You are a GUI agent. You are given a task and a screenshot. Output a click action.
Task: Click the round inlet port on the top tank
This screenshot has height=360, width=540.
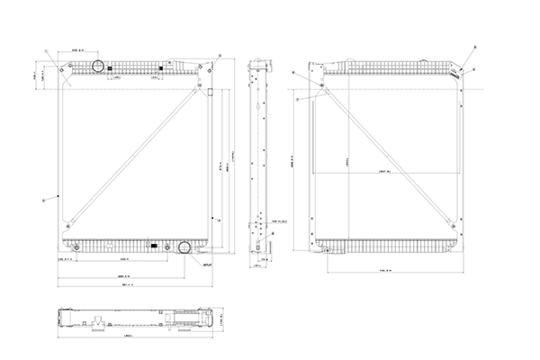[x=97, y=66]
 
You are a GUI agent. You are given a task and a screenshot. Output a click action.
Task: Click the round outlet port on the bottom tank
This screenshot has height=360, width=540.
[x=184, y=248]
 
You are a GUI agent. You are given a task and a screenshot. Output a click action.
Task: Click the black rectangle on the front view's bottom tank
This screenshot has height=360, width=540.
[x=156, y=245]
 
